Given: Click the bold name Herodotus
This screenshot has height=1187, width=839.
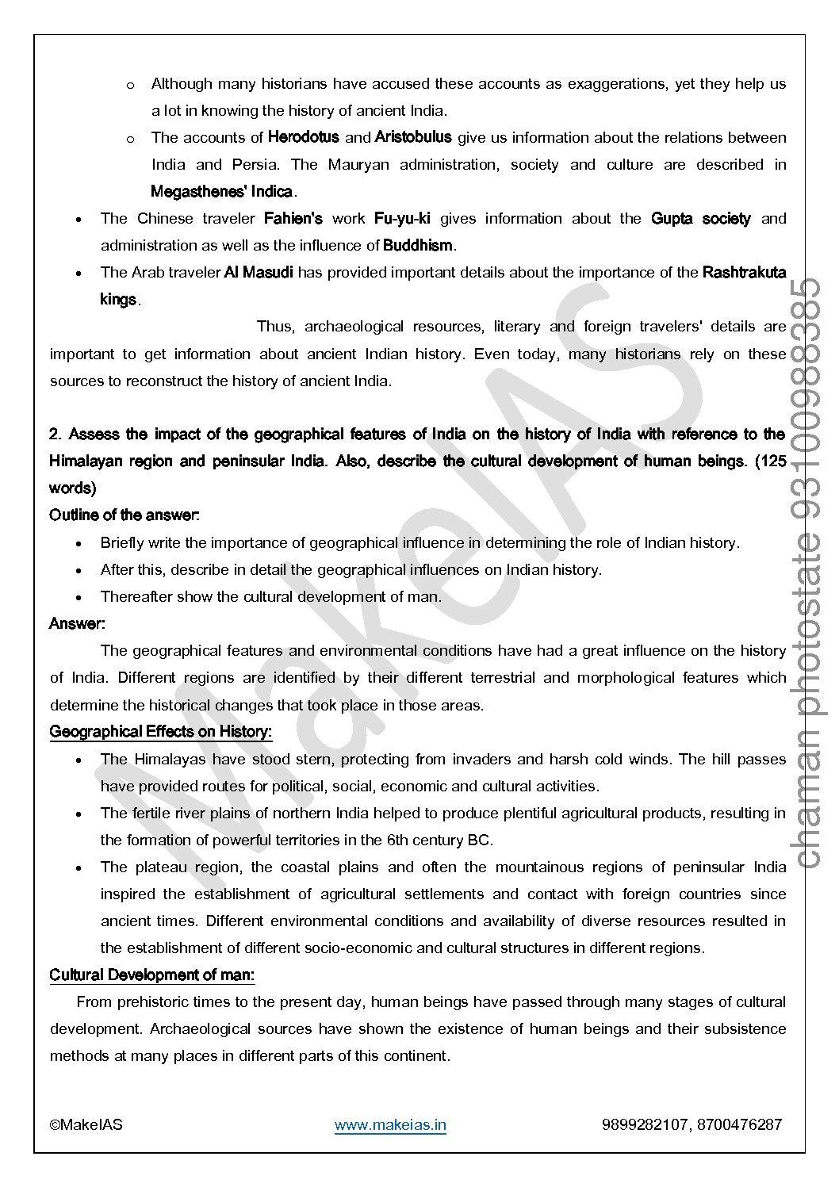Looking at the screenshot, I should [303, 137].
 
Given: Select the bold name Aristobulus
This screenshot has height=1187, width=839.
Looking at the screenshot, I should [412, 137].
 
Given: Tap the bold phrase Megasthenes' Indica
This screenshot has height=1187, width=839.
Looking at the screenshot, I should [221, 191].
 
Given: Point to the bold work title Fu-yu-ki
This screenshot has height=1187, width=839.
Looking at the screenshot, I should [402, 218].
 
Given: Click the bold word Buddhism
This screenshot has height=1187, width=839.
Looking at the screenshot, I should [418, 245].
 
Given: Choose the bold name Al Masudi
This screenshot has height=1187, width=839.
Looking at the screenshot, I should [259, 272].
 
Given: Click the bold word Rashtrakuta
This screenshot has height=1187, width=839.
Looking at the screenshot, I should [744, 272].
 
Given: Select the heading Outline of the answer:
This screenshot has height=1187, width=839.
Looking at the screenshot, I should [125, 515].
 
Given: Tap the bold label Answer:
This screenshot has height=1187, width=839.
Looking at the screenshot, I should [77, 623].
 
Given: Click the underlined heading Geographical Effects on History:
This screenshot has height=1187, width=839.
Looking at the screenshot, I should [160, 731].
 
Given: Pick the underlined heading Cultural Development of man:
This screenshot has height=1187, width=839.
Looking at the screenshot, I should [151, 974].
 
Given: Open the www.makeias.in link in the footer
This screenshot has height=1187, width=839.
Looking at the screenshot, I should [390, 1124].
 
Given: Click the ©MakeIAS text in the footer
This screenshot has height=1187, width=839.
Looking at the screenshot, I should [86, 1124].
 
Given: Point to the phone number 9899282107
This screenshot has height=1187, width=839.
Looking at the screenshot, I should [645, 1124].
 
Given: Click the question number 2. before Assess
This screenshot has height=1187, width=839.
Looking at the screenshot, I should [56, 435].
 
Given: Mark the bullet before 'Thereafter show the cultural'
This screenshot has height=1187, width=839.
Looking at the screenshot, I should [79, 597].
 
